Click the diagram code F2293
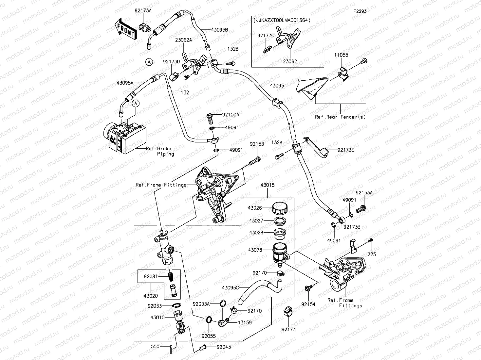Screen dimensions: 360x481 click(360, 11)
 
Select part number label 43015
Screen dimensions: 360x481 click(267, 185)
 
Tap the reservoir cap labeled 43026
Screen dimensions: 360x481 click(279, 208)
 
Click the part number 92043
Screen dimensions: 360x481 click(223, 347)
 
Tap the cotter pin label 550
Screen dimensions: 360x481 click(155, 347)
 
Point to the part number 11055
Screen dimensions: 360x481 click(341, 55)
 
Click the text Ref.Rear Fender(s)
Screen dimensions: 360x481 click(340, 117)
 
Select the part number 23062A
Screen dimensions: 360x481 click(183, 40)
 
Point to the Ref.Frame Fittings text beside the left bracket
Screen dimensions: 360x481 click(161, 185)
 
